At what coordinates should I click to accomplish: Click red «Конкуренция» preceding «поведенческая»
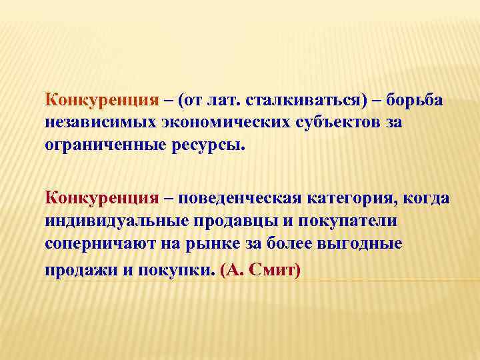[x=101, y=199]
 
